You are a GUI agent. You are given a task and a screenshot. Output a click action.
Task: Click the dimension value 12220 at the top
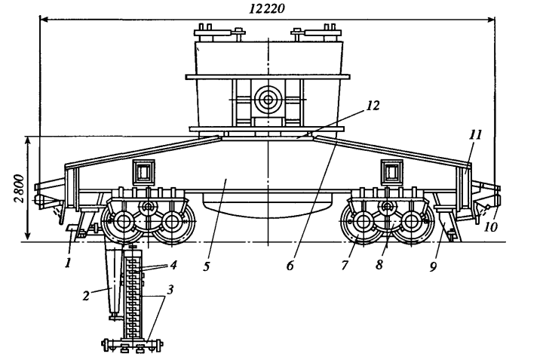pyautogui.click(x=267, y=8)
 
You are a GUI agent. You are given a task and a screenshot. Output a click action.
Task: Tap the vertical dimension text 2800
pyautogui.click(x=20, y=189)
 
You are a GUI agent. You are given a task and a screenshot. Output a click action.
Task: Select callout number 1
pyautogui.click(x=68, y=263)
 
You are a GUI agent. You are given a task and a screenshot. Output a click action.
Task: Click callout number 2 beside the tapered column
pyautogui.click(x=86, y=296)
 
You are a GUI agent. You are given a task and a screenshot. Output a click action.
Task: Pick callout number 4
pyautogui.click(x=173, y=265)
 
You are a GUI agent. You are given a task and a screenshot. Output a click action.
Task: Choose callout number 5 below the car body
pyautogui.click(x=207, y=266)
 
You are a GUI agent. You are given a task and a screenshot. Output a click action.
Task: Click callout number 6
pyautogui.click(x=290, y=266)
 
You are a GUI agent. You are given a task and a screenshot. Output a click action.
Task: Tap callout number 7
pyautogui.click(x=344, y=265)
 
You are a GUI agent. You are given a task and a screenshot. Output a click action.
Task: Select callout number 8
pyautogui.click(x=379, y=265)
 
